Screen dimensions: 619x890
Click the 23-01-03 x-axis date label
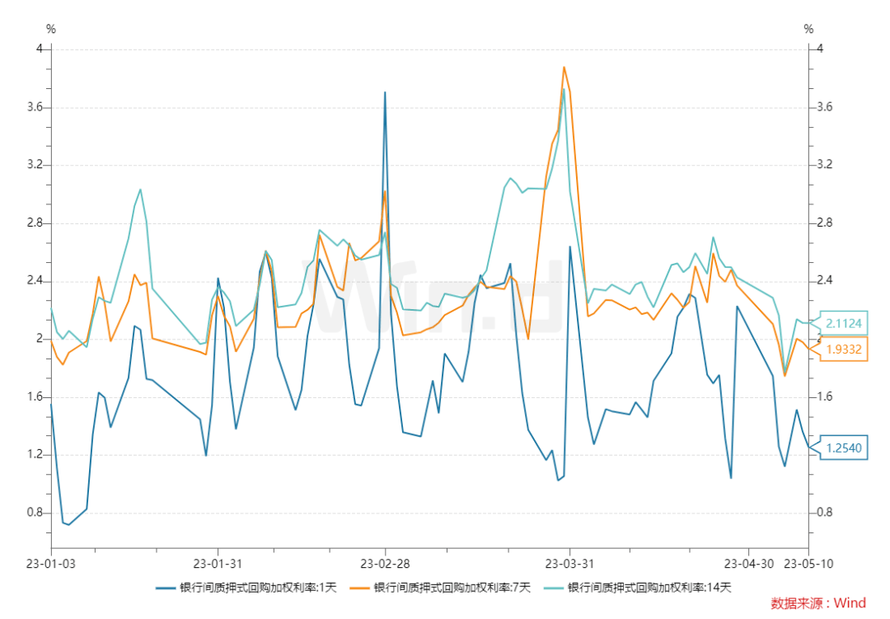pos(51,564)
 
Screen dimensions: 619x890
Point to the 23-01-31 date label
pos(218,564)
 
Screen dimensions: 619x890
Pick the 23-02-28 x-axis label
pos(385,564)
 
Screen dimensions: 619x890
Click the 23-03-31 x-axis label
pos(569,564)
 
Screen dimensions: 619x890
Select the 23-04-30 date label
pos(748,564)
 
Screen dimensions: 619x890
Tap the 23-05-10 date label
pos(808,564)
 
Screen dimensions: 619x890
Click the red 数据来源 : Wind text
pos(818,603)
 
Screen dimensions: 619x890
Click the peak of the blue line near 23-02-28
pos(385,92)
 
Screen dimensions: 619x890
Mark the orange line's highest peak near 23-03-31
pos(564,67)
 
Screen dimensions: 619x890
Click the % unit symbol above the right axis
pos(808,29)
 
